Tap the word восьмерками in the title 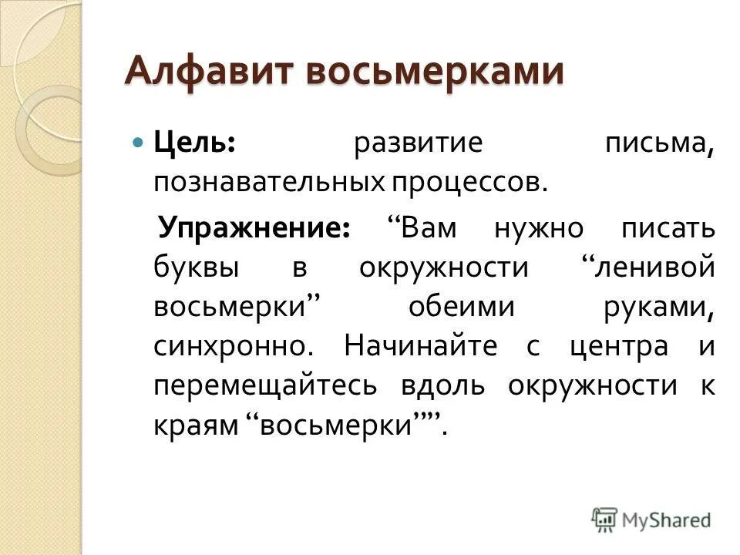(x=432, y=72)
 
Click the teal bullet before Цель (x=139, y=144)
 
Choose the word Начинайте (x=421, y=345)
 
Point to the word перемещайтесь (x=265, y=385)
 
